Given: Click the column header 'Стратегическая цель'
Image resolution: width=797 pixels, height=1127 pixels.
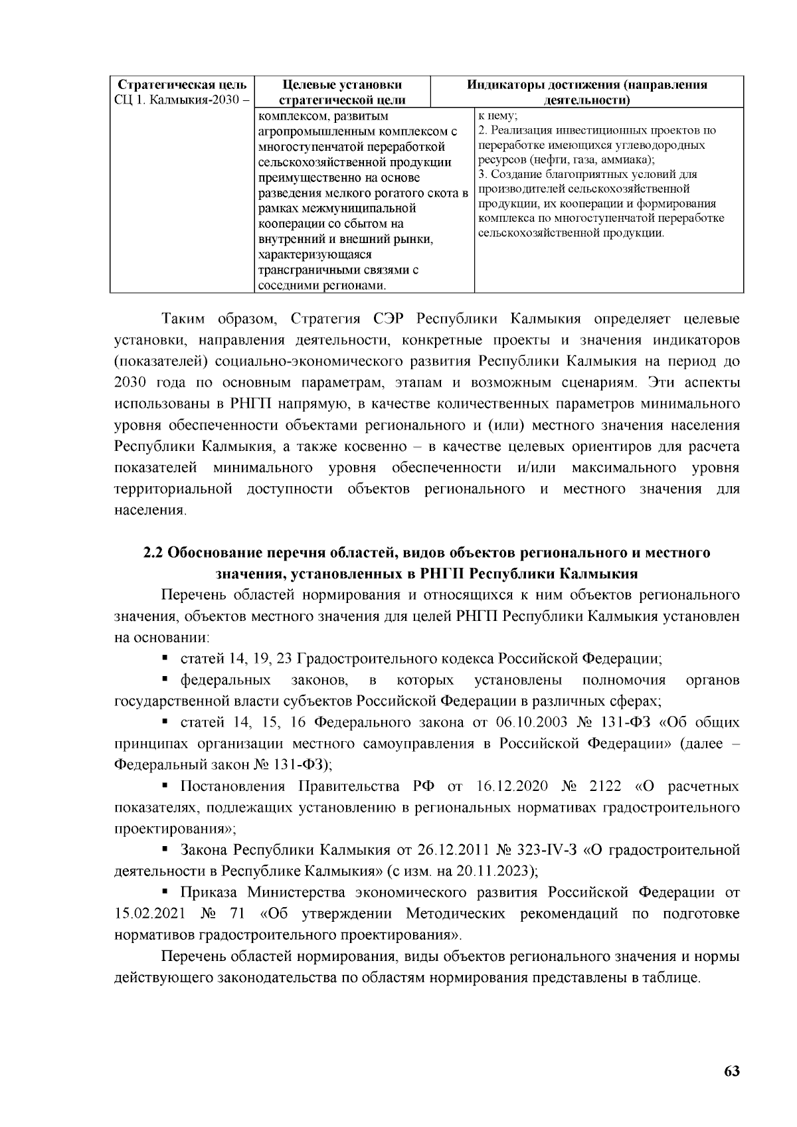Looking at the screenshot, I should coord(181,86).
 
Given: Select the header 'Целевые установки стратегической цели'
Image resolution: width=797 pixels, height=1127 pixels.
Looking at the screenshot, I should coord(341,93).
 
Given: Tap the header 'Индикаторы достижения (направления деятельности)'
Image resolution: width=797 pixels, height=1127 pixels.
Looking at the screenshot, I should coord(586,93).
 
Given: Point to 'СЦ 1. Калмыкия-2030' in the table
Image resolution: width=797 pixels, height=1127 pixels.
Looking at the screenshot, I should coord(177,100).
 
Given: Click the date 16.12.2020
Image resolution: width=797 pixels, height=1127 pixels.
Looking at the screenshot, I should coord(511,786).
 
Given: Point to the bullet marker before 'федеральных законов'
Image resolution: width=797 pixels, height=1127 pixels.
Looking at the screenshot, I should coord(165,679).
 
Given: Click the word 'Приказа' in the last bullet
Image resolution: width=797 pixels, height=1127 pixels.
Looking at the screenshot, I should coord(208,892).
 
